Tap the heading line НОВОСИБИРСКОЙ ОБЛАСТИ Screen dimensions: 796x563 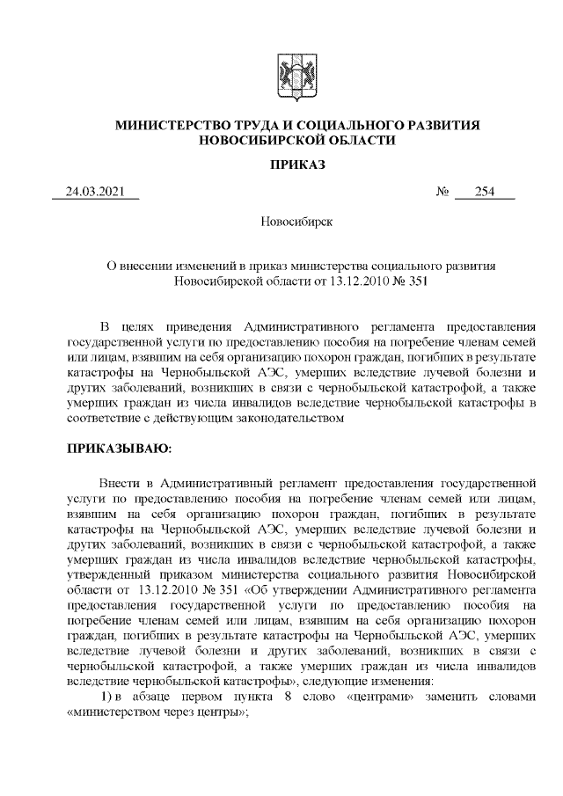click(x=298, y=141)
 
